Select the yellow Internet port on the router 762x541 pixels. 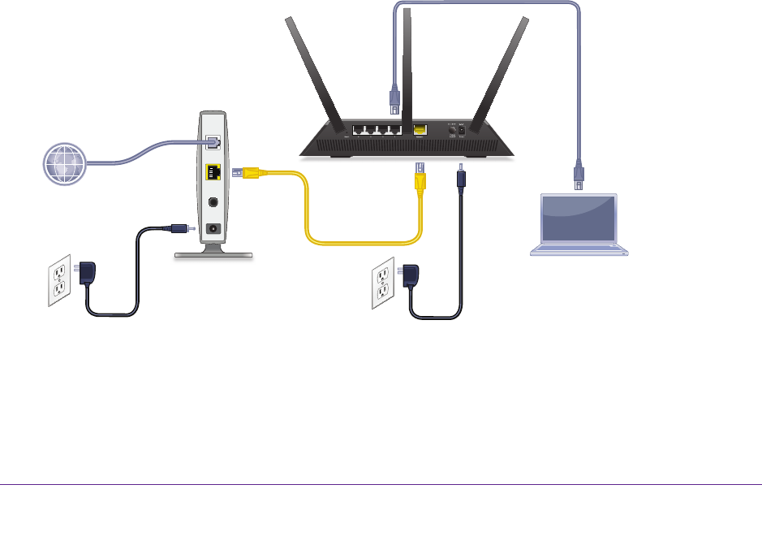[420, 129]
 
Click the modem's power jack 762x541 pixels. [214, 229]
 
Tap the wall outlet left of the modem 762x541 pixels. [60, 282]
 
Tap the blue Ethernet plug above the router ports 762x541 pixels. [394, 98]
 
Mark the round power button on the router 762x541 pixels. [451, 128]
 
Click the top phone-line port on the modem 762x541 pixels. [213, 142]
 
